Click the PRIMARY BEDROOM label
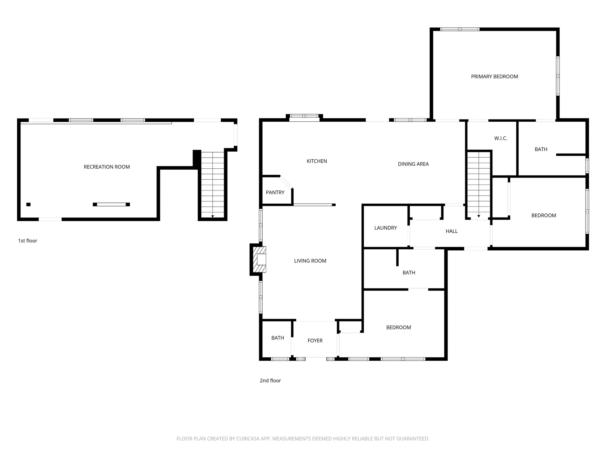point(494,77)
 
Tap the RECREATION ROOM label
point(107,167)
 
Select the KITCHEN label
point(317,161)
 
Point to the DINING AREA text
point(413,164)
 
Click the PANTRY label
point(275,193)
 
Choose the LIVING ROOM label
point(310,261)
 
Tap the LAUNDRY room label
point(385,228)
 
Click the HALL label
point(452,231)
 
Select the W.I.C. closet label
point(501,138)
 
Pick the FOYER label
point(315,341)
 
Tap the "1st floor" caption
point(28,241)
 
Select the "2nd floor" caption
point(270,381)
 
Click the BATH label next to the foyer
point(278,338)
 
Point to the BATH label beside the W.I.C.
point(541,149)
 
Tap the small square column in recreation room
point(28,205)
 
